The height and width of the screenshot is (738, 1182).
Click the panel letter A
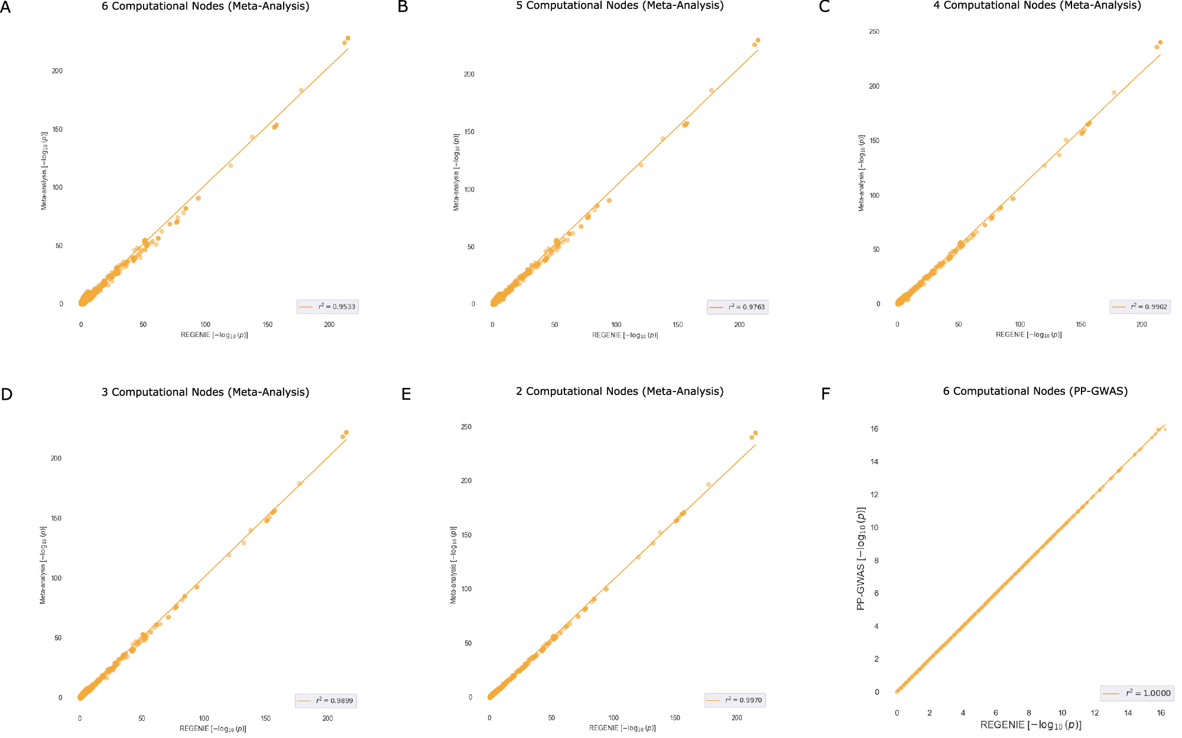(x=6, y=7)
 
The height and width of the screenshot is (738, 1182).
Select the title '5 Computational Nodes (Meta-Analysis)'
(x=619, y=6)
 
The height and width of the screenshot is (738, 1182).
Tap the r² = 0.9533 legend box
(x=327, y=306)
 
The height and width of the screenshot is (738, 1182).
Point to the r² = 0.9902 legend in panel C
(x=1139, y=306)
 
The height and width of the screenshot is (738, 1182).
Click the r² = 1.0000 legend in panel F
(x=1136, y=693)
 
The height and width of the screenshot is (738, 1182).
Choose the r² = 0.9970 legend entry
(x=735, y=700)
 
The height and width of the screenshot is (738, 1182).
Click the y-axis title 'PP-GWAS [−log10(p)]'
(x=861, y=558)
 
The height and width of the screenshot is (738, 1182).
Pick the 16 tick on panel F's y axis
(x=875, y=429)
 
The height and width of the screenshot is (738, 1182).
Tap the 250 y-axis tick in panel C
(x=874, y=31)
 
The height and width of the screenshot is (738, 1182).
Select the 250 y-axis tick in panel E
(x=466, y=427)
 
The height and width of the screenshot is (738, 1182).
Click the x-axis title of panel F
(x=1031, y=725)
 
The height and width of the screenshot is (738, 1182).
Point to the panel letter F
(x=826, y=394)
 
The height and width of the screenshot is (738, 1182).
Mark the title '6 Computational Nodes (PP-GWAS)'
(x=1035, y=391)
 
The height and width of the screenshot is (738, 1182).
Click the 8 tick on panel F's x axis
(x=1029, y=713)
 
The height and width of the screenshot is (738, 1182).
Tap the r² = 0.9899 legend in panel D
(x=326, y=700)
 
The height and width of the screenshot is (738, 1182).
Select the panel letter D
(x=7, y=394)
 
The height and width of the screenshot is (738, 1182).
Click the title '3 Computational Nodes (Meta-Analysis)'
(x=205, y=392)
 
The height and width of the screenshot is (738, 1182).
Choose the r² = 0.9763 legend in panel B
(x=738, y=307)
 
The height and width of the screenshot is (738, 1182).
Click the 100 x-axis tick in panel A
(x=205, y=325)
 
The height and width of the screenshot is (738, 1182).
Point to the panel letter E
(x=406, y=394)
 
